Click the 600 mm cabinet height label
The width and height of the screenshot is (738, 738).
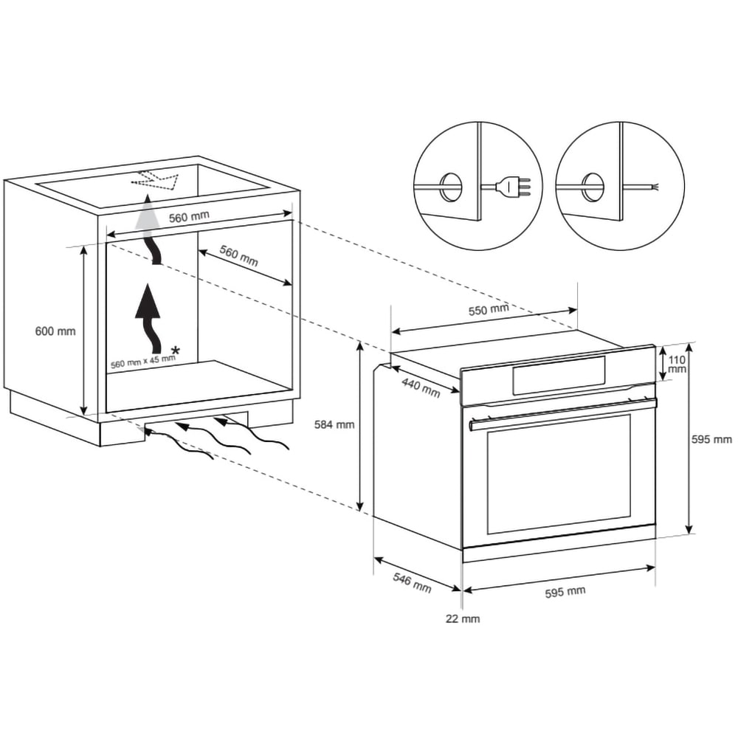(x=55, y=331)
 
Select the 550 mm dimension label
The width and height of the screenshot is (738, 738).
(x=489, y=310)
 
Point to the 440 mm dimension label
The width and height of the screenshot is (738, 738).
(x=421, y=387)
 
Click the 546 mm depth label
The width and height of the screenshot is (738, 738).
(x=411, y=582)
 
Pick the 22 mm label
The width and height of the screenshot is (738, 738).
(x=462, y=619)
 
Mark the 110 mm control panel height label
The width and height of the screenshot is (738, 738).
(x=677, y=364)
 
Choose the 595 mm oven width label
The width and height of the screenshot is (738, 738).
(x=566, y=591)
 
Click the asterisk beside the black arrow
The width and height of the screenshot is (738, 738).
(x=175, y=349)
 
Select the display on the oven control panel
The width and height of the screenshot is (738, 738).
(x=559, y=376)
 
